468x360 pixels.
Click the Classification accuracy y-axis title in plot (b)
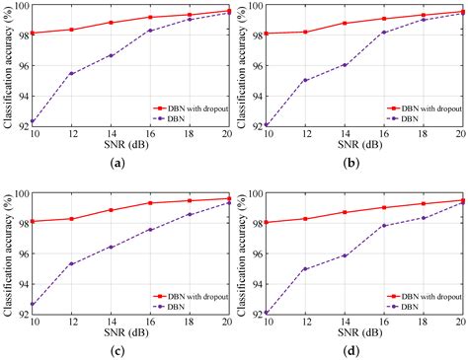[242, 64]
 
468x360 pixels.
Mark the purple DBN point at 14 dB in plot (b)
[345, 65]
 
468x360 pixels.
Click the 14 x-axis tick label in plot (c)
[111, 322]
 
